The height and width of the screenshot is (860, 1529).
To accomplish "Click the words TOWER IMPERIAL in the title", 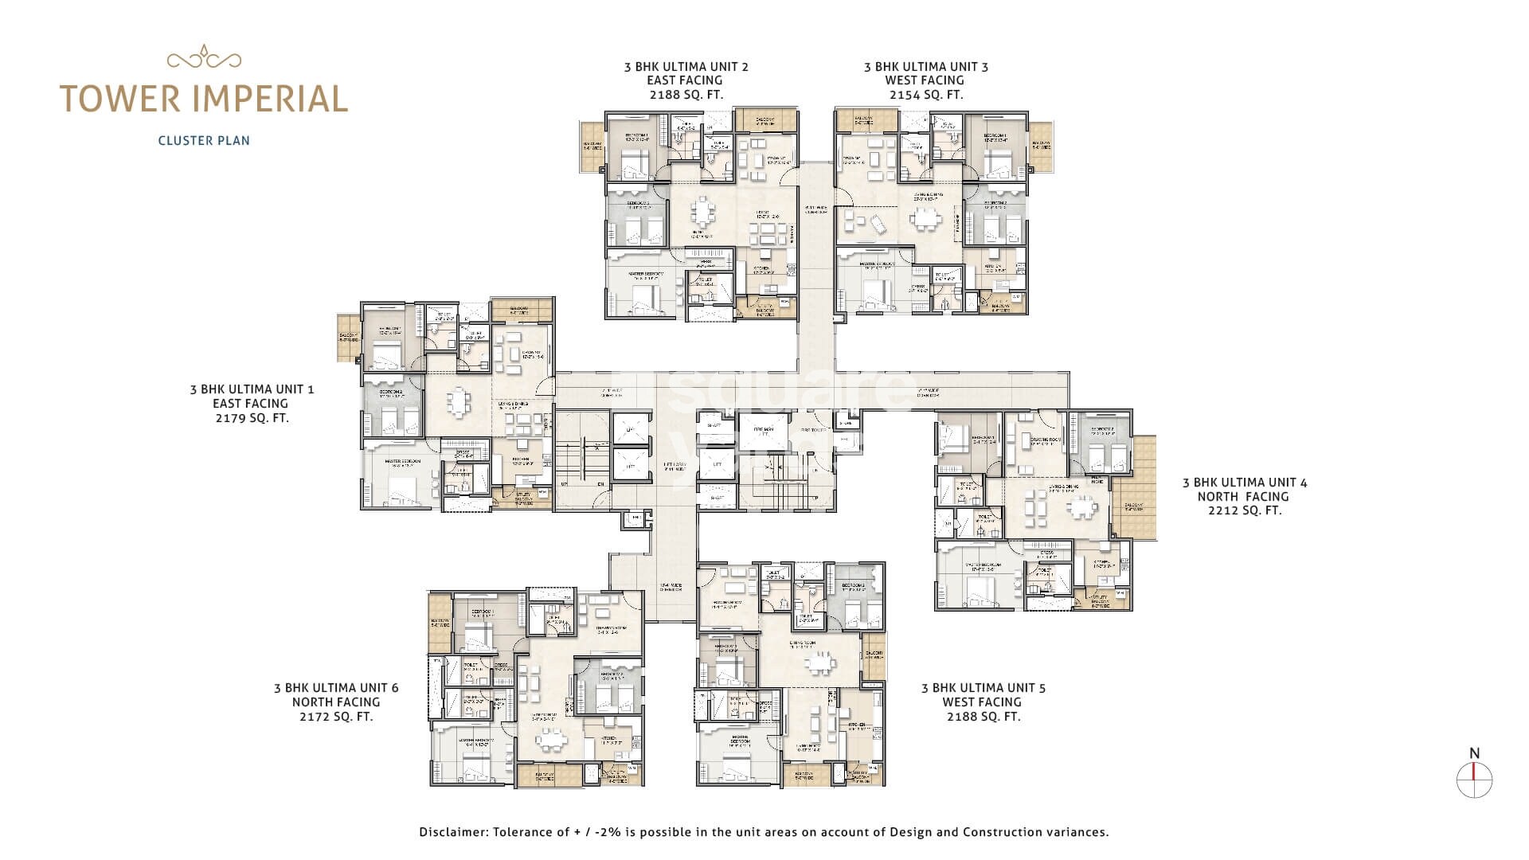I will [204, 99].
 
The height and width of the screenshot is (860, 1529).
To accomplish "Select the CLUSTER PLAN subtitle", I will [204, 141].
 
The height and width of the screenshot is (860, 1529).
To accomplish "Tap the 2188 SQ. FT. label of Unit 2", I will [686, 95].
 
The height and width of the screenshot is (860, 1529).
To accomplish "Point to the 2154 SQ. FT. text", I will [925, 95].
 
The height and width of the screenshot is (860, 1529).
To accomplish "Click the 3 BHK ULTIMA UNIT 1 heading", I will [252, 389].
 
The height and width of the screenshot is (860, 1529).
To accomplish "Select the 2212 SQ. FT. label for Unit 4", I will [1244, 510].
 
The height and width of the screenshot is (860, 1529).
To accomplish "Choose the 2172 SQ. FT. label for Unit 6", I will [335, 717].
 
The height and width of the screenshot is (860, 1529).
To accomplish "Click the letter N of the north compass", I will [1474, 753].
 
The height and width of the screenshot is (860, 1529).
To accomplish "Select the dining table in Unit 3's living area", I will [925, 217].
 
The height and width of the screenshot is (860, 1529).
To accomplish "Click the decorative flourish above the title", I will [204, 58].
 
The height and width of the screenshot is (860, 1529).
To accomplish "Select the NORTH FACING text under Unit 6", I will [335, 702].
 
